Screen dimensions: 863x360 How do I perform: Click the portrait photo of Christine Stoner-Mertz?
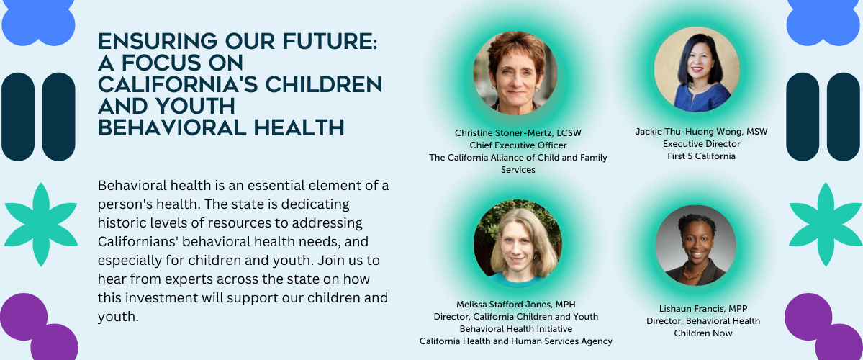coord(515,73)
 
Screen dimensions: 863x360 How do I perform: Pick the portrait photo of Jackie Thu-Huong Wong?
coord(696,69)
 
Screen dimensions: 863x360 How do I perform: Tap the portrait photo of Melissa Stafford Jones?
coord(518,244)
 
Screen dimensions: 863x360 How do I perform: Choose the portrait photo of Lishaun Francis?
coord(696,245)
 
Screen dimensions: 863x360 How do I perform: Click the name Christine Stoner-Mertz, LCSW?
coord(518,133)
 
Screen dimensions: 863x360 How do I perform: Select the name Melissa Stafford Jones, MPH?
coord(515,305)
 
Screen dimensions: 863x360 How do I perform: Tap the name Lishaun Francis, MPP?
coord(703,308)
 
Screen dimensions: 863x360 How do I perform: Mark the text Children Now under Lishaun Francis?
coord(703,333)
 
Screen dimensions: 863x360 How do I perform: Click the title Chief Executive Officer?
coord(518,145)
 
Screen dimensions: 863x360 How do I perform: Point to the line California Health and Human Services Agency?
coord(515,341)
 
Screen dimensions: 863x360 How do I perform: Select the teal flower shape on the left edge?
coord(41,225)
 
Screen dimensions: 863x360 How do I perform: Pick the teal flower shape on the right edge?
coord(825,225)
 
